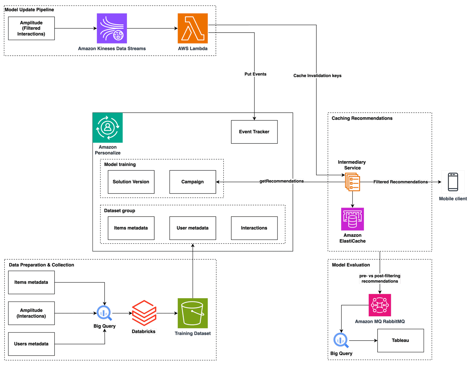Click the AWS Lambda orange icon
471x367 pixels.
coord(193,28)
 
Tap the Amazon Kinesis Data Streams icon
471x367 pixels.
coord(112,28)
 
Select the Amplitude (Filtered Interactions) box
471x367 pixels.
coord(31,28)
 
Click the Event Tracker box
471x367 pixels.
coord(254,132)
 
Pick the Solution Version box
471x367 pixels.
coord(131,182)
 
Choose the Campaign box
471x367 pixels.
coord(192,182)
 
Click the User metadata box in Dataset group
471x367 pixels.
coord(192,228)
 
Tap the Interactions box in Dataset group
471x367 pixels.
coord(254,228)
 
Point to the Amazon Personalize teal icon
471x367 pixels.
coord(107,128)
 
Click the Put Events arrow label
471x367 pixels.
coord(255,74)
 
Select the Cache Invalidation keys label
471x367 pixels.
coord(317,76)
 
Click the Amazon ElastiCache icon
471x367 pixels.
coord(352,219)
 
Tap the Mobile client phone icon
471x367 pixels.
coord(453,182)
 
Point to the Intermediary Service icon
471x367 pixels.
coord(352,182)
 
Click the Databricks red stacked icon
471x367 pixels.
coord(144,313)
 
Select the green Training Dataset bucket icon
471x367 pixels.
coord(193,313)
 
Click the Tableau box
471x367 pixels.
coord(400,340)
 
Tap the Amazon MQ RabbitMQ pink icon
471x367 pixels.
coord(380,305)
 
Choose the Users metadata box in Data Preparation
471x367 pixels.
coord(31,344)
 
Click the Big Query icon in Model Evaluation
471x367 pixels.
coord(341,340)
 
